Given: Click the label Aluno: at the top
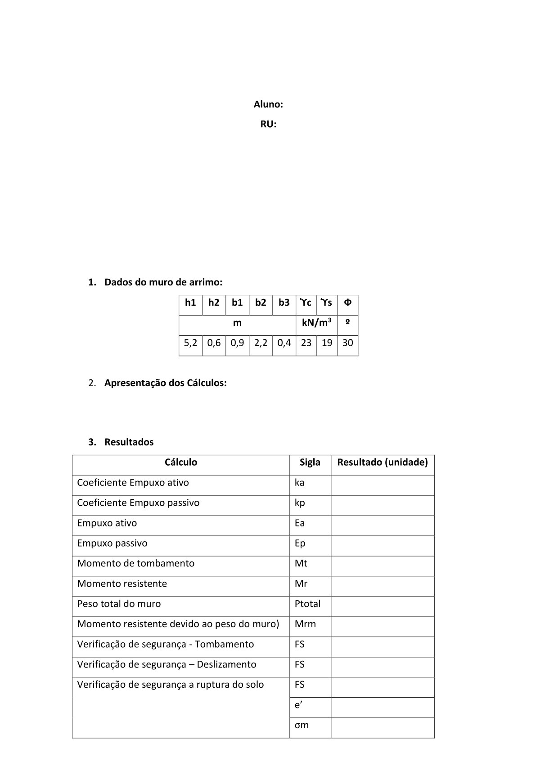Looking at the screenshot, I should pos(268,105).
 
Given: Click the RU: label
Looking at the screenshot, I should pos(268,125).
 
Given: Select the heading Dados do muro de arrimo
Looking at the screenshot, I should pos(163,282).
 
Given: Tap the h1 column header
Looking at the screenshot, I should pos(190,303).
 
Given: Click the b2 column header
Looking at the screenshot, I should pos(261,303).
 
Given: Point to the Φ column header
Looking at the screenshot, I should pos(347,303).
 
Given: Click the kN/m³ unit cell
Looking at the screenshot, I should pos(317,323).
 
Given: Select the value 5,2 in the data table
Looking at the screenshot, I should pos(190,343).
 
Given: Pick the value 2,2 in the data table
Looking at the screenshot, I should pos(261,343).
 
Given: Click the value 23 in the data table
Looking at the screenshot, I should pos(306,343).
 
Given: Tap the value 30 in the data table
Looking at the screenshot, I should pos(347,343).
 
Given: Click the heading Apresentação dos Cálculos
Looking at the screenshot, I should pos(165,383).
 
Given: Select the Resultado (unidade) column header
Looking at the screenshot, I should pos(383,462).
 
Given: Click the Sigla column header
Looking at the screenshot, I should pos(310,462).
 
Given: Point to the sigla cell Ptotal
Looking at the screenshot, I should pos(307,604).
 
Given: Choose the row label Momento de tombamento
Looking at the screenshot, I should pos(136,563).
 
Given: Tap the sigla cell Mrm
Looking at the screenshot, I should pos(305,624).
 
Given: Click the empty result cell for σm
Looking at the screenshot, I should pos(383,727).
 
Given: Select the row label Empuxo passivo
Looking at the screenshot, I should pos(112,543).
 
